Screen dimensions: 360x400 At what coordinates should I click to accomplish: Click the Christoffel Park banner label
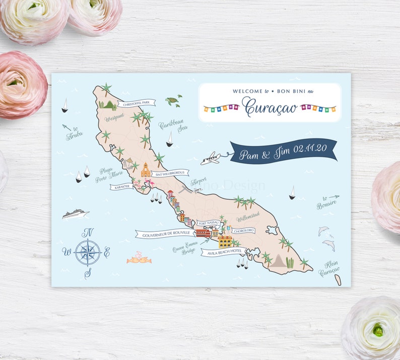(137, 103)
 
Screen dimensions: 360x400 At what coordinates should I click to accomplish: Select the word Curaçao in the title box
(270, 107)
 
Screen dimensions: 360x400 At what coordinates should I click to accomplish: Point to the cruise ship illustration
(76, 214)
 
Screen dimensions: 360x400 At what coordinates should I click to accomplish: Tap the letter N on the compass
(88, 232)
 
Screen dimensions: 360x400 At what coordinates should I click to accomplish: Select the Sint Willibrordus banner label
(170, 173)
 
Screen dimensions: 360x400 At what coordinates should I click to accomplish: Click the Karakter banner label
(122, 186)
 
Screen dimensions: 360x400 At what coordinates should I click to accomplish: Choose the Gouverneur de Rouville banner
(166, 234)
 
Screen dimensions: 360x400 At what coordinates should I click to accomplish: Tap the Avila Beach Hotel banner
(222, 251)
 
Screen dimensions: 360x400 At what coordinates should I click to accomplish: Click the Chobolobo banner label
(243, 231)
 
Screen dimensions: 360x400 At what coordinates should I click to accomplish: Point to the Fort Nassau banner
(209, 223)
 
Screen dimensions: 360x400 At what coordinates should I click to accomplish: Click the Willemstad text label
(248, 219)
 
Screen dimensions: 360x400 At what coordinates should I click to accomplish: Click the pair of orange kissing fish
(139, 259)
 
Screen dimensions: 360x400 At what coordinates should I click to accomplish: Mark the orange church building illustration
(146, 170)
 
